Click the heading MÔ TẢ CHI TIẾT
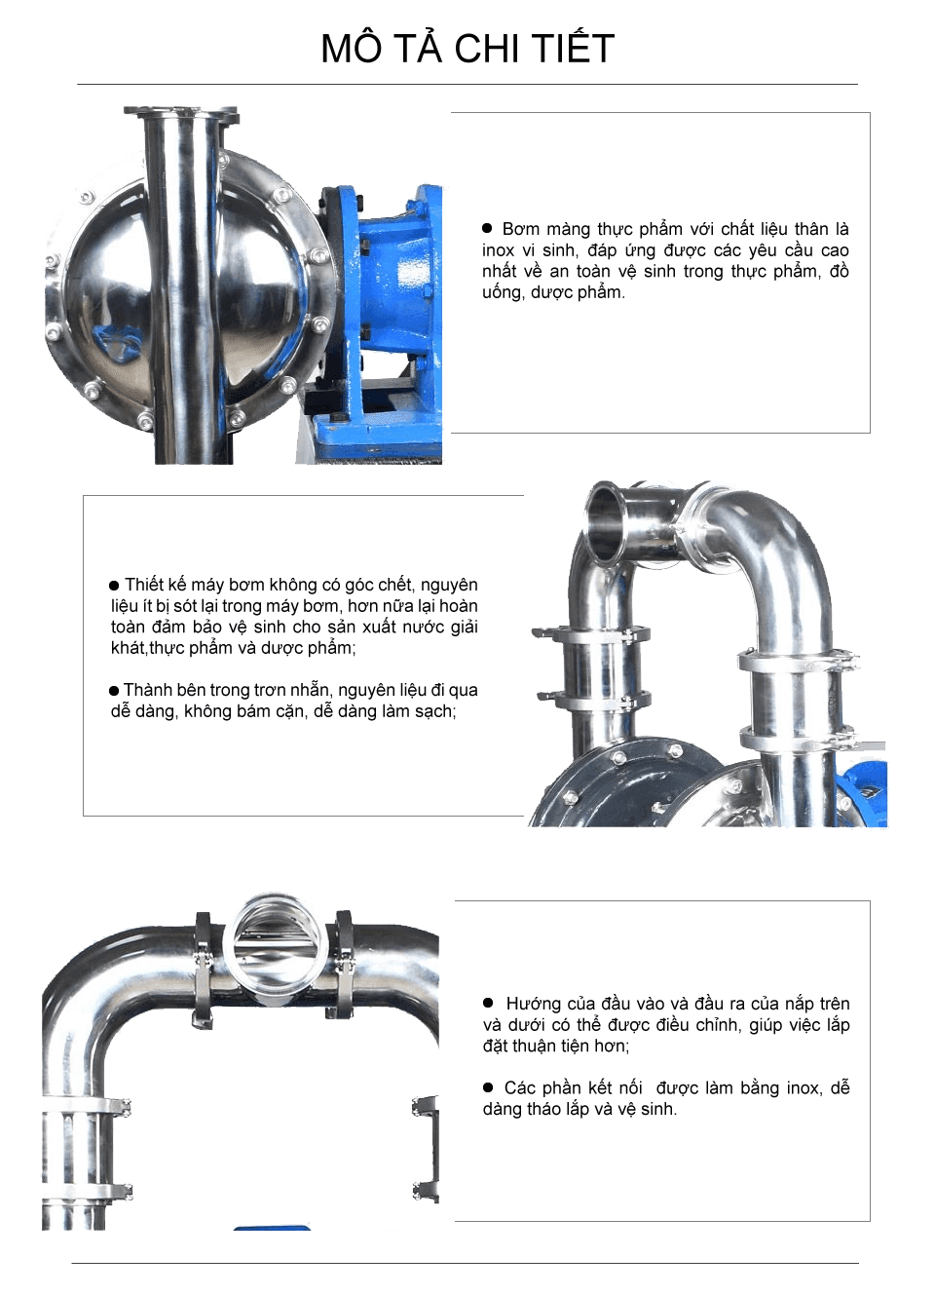(467, 49)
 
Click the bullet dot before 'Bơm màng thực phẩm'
(487, 228)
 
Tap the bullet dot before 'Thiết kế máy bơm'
(114, 586)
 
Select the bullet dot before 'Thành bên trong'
(114, 691)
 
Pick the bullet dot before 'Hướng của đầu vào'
(488, 1003)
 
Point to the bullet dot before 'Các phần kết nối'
(488, 1087)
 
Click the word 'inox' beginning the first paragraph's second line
(498, 250)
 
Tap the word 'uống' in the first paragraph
(502, 292)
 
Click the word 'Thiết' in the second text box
(144, 585)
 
